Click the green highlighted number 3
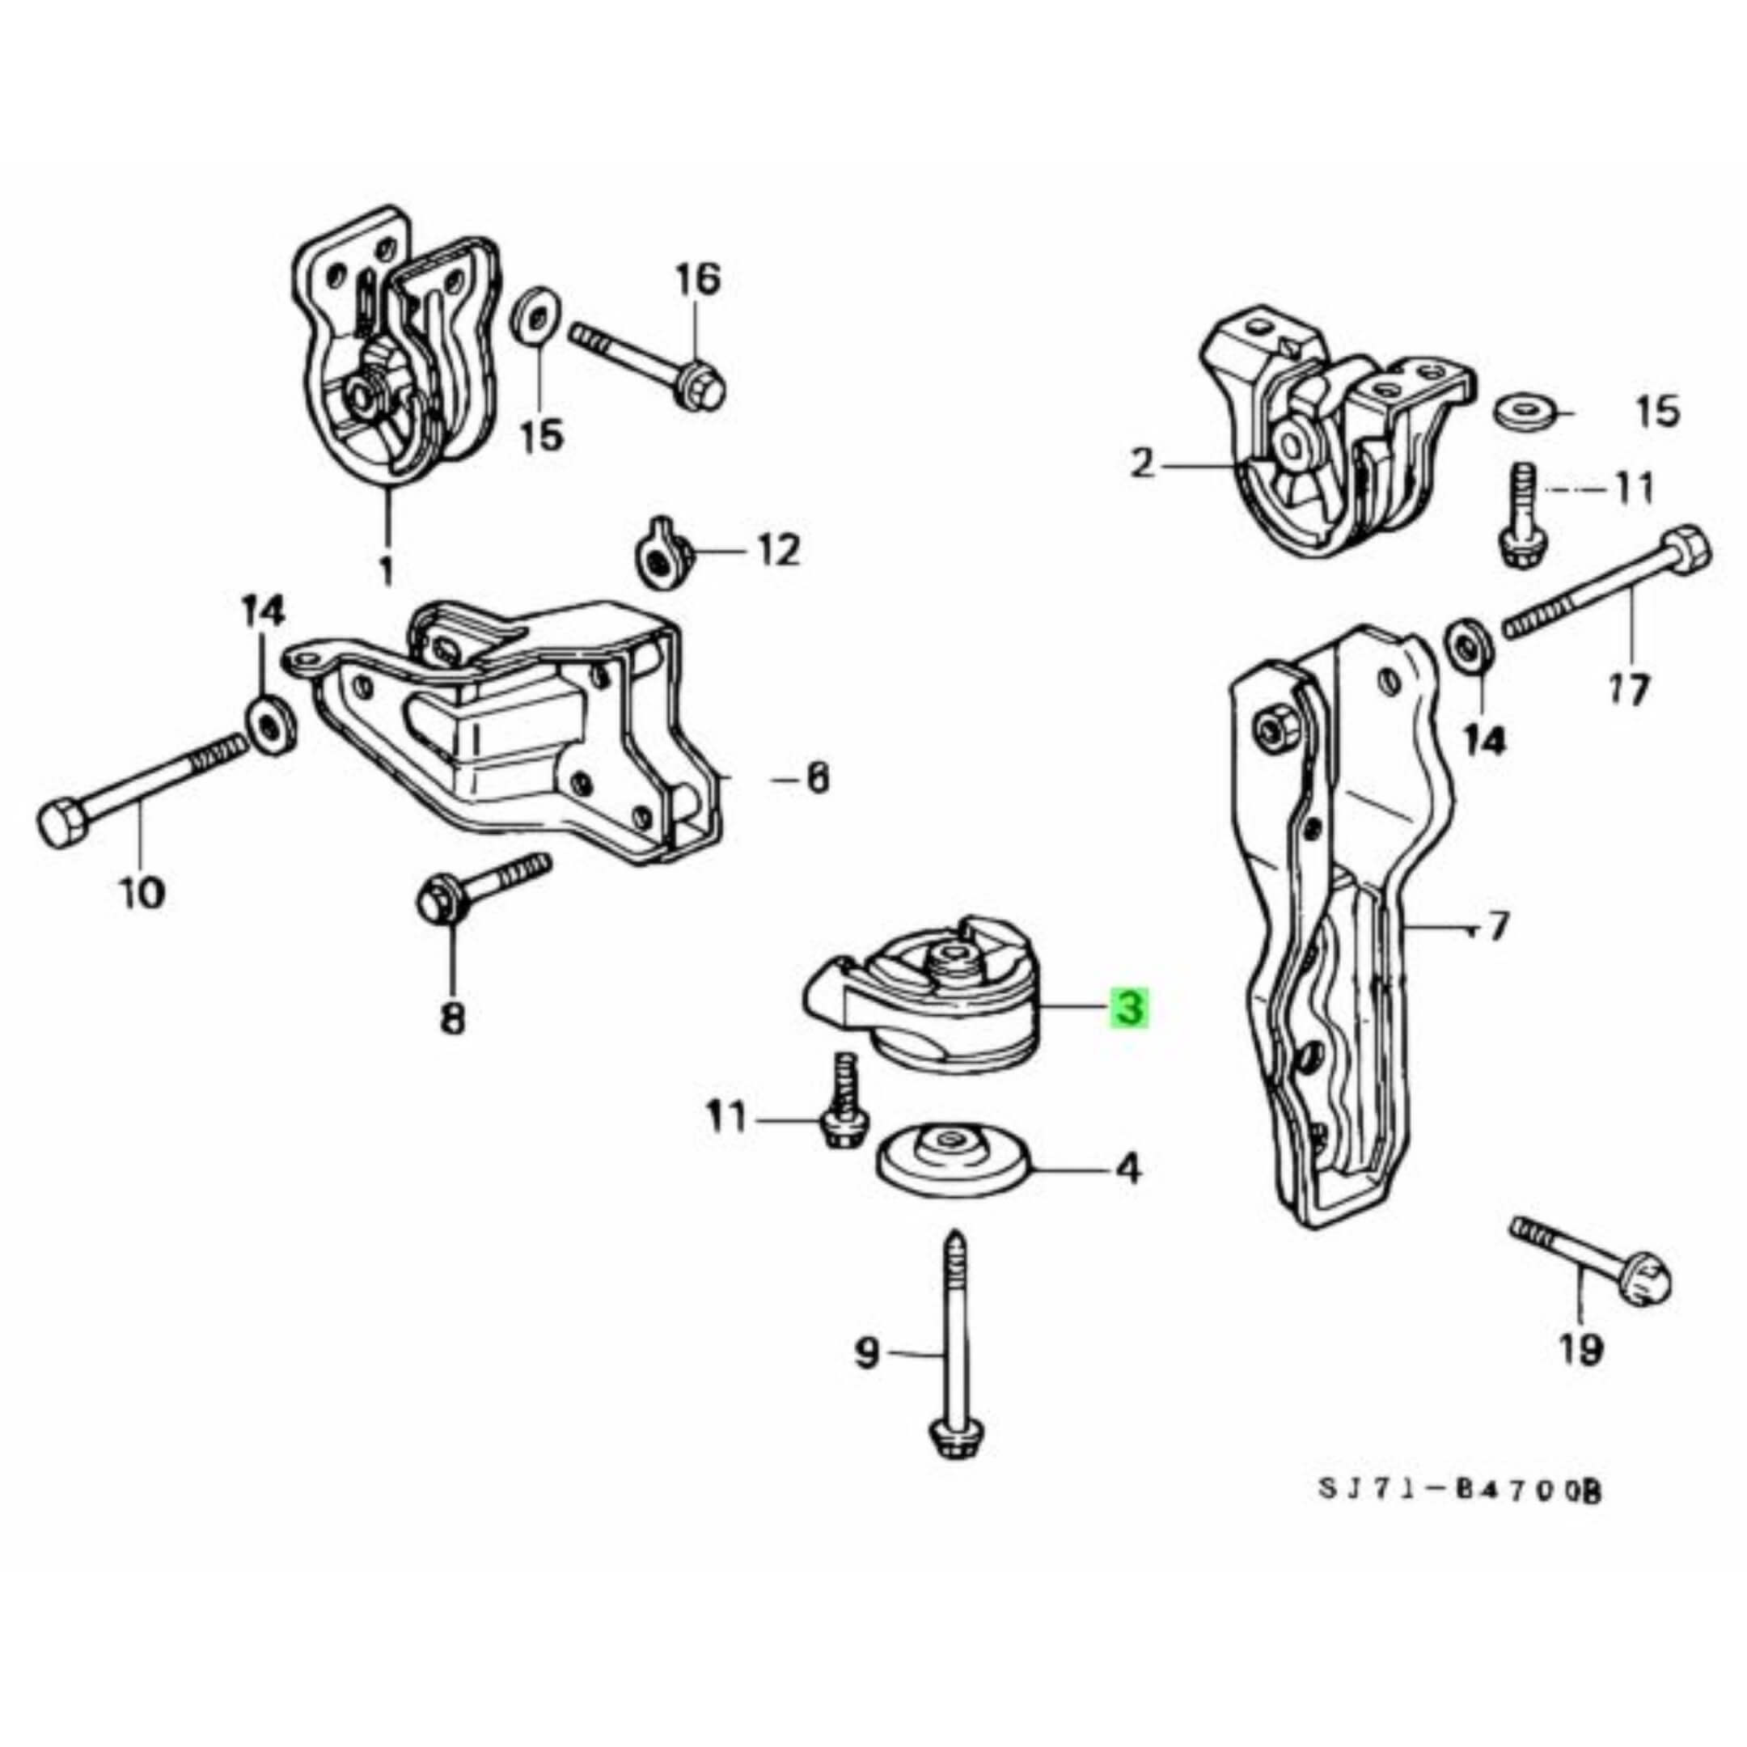point(1131,1009)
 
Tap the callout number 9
point(866,1379)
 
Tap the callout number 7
point(1499,926)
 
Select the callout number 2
point(1143,467)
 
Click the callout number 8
point(451,1020)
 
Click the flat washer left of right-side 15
point(1522,412)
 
